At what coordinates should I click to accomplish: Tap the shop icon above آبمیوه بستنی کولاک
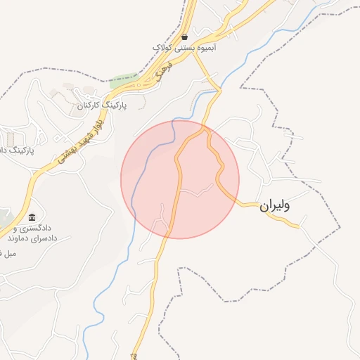184,37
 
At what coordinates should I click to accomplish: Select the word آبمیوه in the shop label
206,48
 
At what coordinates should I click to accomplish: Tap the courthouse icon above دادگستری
32,216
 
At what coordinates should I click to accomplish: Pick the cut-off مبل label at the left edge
11,252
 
